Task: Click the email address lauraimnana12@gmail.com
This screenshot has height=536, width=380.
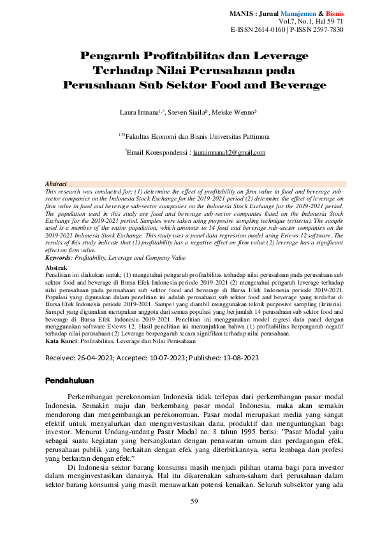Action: (229, 153)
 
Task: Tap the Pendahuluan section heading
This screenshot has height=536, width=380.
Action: (70, 381)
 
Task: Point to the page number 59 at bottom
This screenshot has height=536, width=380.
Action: (195, 502)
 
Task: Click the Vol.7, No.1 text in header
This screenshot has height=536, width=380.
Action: (304, 21)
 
